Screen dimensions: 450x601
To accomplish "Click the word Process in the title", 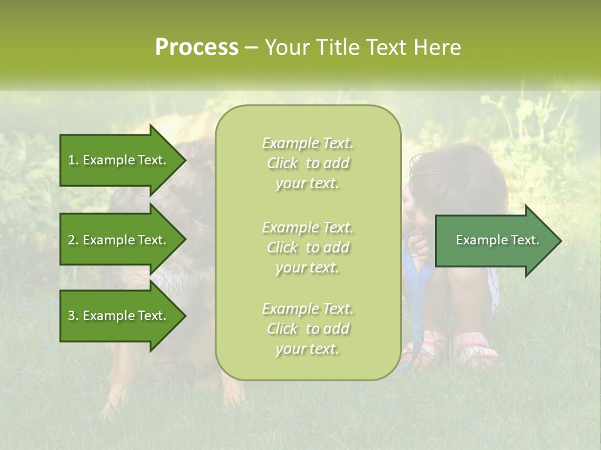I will point(197,47).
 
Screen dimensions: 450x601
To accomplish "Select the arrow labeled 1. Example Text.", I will point(119,160).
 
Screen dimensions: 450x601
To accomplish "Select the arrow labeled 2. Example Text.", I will point(119,240).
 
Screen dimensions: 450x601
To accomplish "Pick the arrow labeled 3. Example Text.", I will point(119,316).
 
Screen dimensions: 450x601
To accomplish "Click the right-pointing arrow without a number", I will point(495,240).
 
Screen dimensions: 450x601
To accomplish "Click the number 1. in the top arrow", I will point(73,160).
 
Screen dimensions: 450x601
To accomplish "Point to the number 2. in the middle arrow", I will point(73,240).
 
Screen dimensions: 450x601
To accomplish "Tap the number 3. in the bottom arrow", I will point(73,316).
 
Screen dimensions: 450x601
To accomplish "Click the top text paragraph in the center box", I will point(307,163).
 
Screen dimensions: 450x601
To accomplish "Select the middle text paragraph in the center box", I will point(307,247).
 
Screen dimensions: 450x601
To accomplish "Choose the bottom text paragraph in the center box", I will point(307,329).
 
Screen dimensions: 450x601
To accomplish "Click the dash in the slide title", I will point(251,47).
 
